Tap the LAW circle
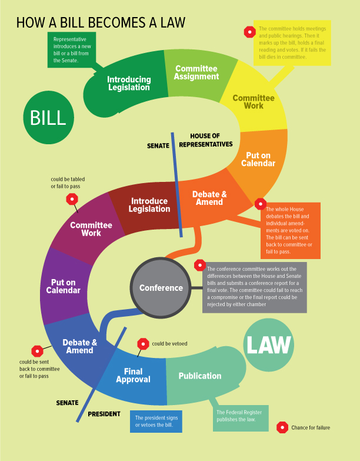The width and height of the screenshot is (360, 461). [269, 346]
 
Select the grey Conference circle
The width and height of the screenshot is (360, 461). [161, 288]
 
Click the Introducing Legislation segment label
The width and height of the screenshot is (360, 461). [129, 83]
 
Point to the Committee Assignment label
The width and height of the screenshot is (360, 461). [196, 72]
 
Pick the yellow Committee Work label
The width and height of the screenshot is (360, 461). [253, 102]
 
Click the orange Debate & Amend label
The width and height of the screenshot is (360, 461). [209, 198]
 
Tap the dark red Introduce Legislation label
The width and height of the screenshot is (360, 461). [149, 205]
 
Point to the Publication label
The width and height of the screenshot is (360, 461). [200, 376]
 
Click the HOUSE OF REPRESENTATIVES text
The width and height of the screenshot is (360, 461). [205, 140]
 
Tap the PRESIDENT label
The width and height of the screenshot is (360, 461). [104, 414]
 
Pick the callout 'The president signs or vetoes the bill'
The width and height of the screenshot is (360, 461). [156, 422]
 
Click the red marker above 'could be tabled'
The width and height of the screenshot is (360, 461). [72, 199]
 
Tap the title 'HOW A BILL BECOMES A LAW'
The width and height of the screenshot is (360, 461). [101, 22]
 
